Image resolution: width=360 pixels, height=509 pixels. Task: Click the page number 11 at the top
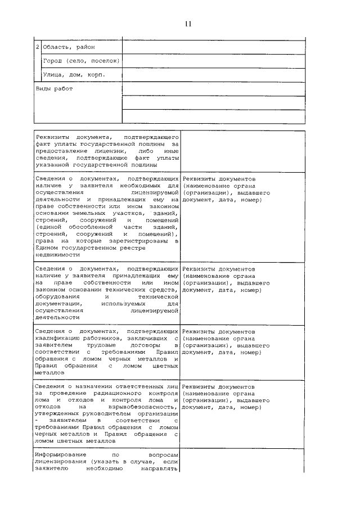point(188,24)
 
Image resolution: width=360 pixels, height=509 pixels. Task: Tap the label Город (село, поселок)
point(82,61)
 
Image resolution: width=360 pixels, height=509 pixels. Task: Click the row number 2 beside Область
point(38,47)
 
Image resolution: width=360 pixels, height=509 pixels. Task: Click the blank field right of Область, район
point(214,47)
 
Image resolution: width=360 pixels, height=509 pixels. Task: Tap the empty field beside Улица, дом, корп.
point(214,74)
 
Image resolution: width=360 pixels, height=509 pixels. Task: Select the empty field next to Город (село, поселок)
point(214,61)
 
